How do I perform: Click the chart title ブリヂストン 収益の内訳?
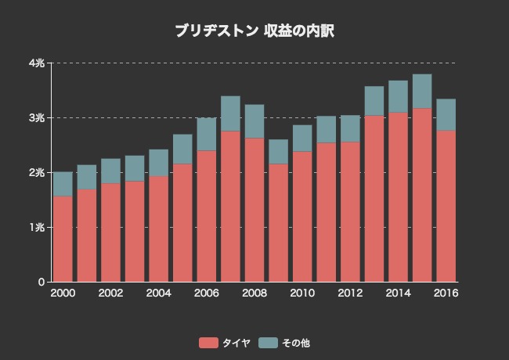254,31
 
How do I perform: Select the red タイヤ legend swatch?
208,343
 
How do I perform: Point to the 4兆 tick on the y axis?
37,63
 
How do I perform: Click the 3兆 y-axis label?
37,117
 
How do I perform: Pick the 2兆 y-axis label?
37,172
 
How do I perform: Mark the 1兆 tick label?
37,227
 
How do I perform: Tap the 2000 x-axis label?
63,293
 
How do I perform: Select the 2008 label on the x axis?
254,293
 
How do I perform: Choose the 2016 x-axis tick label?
446,293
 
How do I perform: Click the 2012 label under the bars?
350,293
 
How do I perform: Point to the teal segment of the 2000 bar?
63,184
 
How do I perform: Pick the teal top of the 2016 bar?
446,114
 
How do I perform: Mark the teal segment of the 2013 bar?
374,101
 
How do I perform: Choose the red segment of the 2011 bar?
326,212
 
